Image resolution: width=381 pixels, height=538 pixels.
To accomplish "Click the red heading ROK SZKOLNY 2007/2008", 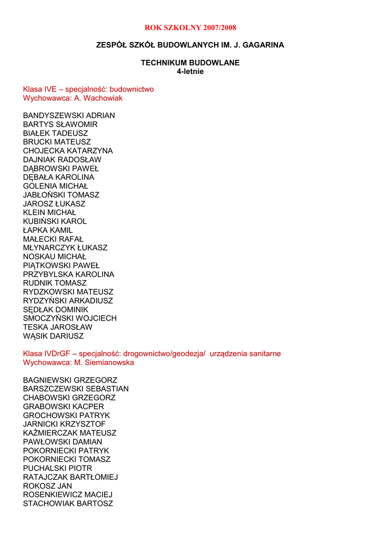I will tap(190, 27).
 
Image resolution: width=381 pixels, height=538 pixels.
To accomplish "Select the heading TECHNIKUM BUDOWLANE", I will tap(190, 63).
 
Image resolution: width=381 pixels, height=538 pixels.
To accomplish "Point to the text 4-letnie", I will tap(190, 71).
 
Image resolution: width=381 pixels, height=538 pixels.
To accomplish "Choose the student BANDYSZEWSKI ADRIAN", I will tap(69, 116).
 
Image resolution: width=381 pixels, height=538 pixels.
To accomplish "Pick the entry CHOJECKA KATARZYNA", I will tap(68, 151).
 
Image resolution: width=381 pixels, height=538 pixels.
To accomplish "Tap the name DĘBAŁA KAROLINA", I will tap(59, 177).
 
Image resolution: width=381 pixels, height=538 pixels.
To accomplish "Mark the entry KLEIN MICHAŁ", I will tap(49, 212).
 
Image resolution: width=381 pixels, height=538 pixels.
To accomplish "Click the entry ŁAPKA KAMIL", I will tap(48, 230).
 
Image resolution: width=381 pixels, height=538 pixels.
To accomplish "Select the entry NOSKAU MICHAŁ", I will tap(55, 256).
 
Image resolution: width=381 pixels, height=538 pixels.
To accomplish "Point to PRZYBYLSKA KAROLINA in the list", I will tap(68, 274).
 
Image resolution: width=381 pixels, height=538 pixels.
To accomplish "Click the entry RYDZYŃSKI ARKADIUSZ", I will tap(68, 301).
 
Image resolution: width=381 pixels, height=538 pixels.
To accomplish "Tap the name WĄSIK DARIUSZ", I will tap(53, 336).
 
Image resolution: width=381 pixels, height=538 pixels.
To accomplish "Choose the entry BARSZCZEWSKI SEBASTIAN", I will tap(76, 389).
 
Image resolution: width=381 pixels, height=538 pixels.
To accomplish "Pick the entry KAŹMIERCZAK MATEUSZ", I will tap(69, 433).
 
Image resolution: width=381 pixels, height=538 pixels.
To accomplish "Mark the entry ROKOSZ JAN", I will tap(47, 486).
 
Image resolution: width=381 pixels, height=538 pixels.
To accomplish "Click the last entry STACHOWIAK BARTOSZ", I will tap(68, 503).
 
